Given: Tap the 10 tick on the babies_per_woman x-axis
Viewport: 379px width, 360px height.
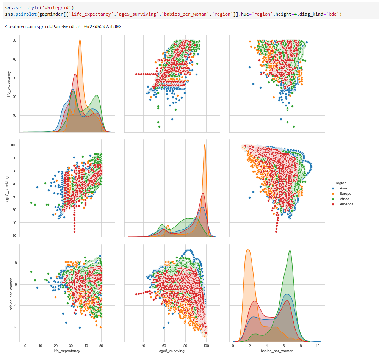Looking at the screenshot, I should [318, 346].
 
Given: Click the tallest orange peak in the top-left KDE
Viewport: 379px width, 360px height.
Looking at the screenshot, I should [80, 40].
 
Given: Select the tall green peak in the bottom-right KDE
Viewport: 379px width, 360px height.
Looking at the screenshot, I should [290, 251].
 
